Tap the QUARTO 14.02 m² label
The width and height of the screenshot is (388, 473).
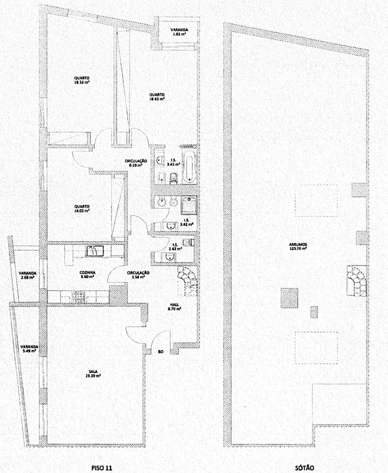tap(81, 209)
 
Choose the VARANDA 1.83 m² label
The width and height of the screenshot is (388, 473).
tap(180, 32)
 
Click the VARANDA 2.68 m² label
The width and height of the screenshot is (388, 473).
tap(27, 275)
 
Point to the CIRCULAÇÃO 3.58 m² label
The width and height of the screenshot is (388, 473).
tap(138, 275)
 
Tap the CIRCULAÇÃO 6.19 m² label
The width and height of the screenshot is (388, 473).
tap(136, 163)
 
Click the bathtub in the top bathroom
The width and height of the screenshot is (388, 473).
tap(188, 166)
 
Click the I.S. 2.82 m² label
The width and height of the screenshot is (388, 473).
tap(175, 246)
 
